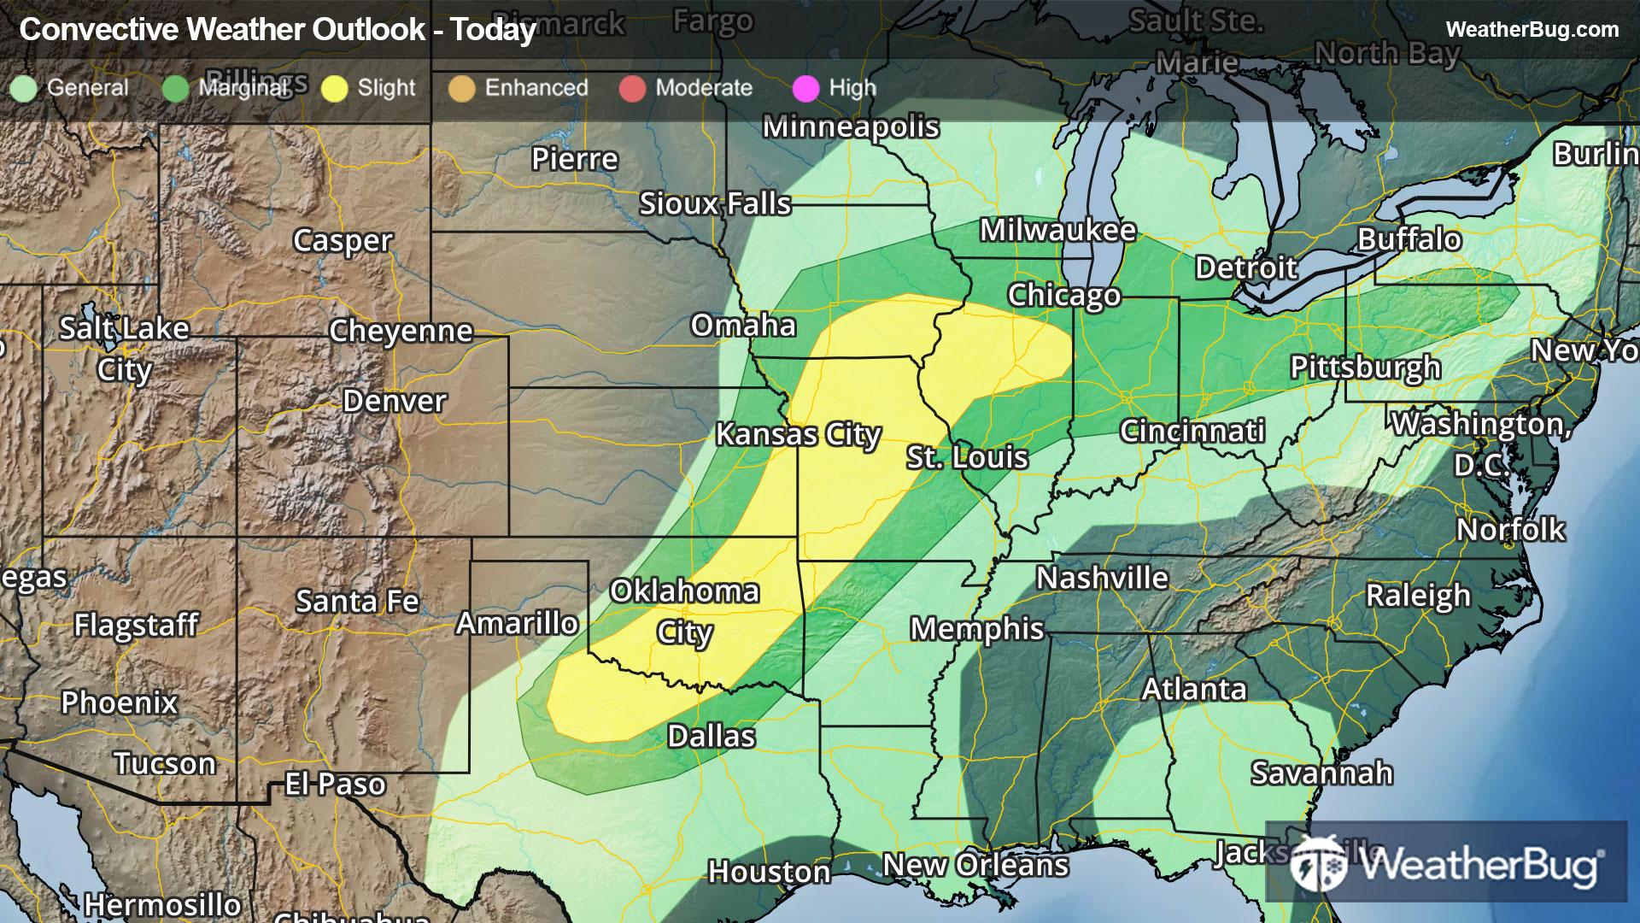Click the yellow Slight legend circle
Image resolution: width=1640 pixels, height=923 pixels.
tap(335, 89)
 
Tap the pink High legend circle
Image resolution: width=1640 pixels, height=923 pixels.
tap(805, 89)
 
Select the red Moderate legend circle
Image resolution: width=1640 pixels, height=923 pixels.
tap(632, 89)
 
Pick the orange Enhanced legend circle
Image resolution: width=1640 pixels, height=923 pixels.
tap(461, 89)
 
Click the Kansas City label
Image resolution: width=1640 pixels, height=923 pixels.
tap(798, 435)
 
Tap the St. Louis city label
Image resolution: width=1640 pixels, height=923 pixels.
tap(967, 457)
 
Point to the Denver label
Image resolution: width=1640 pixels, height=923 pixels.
tap(394, 401)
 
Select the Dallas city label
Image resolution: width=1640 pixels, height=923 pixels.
tap(711, 736)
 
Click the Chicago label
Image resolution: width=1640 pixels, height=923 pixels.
tap(1063, 295)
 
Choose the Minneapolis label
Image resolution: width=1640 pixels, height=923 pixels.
tap(851, 126)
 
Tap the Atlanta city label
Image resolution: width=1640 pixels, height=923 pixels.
tap(1194, 689)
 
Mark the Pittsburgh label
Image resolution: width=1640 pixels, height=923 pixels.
tap(1365, 367)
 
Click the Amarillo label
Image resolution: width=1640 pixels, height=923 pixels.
tap(517, 624)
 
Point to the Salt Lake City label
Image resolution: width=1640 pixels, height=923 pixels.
tap(124, 349)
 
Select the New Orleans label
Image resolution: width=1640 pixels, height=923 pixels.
tap(975, 865)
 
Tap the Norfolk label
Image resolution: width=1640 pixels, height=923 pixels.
tap(1510, 530)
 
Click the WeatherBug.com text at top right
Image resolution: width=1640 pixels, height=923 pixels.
tap(1532, 30)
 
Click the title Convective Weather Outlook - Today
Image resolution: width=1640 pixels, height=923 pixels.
tap(278, 30)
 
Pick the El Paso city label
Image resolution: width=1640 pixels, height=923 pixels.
tap(335, 785)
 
